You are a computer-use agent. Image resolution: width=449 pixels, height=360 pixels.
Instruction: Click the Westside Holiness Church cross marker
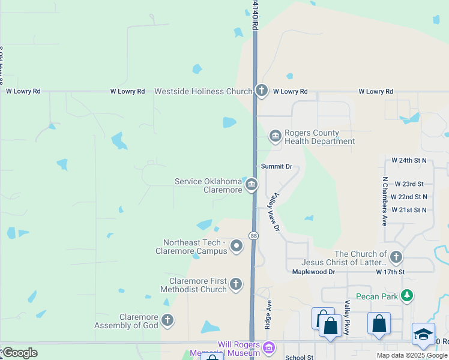261,91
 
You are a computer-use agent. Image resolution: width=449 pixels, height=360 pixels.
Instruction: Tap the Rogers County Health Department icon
276,137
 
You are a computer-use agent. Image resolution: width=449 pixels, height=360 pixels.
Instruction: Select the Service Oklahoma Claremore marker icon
252,185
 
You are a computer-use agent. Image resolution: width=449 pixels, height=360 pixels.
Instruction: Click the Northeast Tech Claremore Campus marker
237,245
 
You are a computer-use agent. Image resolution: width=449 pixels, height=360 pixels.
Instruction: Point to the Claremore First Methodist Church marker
236,284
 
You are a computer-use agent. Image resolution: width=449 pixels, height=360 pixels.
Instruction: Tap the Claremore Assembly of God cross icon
167,320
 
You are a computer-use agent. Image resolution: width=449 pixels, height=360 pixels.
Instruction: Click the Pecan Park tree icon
408,296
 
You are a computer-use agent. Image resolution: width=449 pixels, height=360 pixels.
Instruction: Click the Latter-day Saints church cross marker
396,258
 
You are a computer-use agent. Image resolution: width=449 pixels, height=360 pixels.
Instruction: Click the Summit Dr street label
276,166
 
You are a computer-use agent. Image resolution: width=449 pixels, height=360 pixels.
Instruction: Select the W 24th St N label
409,161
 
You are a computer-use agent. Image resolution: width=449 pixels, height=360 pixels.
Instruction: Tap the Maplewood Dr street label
313,272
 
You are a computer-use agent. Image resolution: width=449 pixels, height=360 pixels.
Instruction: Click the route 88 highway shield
254,235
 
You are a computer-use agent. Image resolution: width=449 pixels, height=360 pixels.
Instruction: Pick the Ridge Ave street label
268,314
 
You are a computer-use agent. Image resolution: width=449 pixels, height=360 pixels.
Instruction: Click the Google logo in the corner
19,352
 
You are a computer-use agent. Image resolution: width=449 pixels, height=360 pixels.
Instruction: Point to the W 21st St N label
409,210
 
